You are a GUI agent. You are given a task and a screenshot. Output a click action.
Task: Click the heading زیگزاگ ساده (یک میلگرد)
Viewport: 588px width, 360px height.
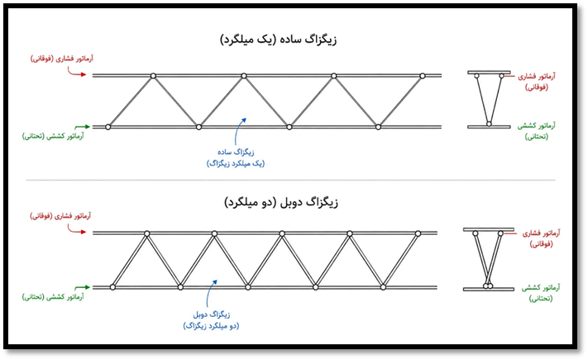[x=278, y=40]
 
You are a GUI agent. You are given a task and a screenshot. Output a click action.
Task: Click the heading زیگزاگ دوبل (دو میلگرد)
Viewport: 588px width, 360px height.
[x=281, y=203]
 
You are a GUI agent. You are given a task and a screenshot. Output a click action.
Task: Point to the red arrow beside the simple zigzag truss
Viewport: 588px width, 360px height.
[x=77, y=72]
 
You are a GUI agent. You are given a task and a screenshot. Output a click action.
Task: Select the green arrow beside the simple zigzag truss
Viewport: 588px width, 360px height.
[x=82, y=127]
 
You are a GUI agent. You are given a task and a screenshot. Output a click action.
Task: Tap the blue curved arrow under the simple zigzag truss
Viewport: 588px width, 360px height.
[x=238, y=132]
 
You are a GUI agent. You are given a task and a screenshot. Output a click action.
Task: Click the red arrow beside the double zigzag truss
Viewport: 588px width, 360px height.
[x=77, y=229]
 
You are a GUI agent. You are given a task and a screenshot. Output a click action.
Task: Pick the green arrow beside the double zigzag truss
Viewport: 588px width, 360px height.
[x=82, y=287]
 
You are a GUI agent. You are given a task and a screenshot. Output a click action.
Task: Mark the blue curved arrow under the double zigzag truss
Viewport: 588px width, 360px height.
[x=210, y=294]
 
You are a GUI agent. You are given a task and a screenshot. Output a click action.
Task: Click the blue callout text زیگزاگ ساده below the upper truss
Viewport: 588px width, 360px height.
[x=236, y=152]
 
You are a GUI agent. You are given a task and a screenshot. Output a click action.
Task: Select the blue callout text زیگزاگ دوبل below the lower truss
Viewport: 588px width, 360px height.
[x=212, y=314]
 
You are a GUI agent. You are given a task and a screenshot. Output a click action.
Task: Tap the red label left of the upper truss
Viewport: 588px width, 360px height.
[x=62, y=59]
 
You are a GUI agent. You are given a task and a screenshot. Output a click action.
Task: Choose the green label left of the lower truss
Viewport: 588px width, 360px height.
[x=53, y=297]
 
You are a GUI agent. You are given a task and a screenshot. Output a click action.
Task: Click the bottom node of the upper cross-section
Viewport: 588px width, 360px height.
[x=489, y=124]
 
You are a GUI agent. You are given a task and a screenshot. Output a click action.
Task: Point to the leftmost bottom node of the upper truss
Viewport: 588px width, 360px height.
[x=108, y=127]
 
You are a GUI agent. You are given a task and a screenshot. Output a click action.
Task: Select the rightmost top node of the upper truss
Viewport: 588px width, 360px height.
[x=423, y=76]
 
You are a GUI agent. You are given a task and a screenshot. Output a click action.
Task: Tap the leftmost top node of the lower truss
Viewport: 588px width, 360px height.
[x=147, y=234]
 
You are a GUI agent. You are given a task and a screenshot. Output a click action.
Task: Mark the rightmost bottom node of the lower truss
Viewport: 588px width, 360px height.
[x=383, y=287]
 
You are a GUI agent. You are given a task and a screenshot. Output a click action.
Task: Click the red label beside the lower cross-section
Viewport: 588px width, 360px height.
[x=541, y=238]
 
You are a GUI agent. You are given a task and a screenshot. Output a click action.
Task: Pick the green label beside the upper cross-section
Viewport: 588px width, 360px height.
[x=537, y=131]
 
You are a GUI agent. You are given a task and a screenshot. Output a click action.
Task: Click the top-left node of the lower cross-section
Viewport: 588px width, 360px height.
[x=476, y=233]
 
